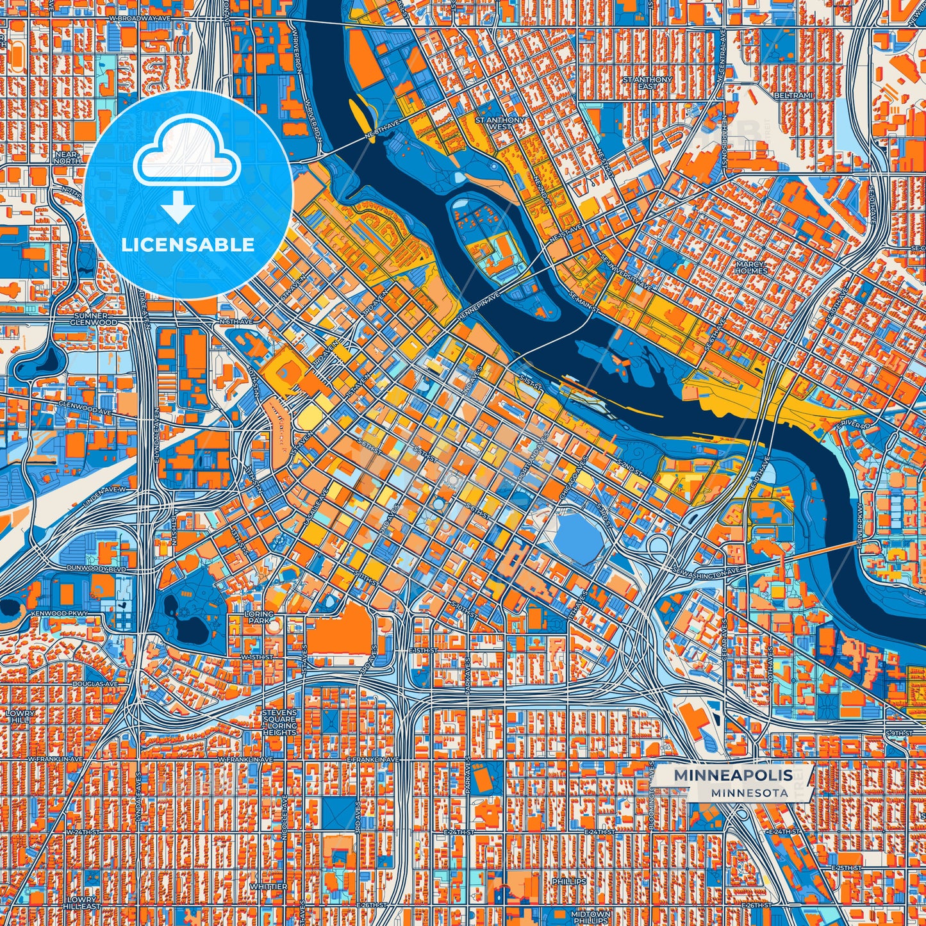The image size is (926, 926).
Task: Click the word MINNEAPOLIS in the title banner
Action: [732, 775]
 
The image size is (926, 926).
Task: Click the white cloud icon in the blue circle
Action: [186, 154]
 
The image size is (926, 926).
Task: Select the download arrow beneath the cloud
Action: [178, 206]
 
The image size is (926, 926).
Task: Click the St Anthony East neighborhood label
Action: [647, 83]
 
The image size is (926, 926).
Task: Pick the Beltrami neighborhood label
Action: [793, 95]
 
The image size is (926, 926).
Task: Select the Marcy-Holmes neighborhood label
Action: [751, 267]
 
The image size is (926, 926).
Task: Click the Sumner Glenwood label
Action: [95, 319]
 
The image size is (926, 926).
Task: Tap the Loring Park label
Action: [259, 618]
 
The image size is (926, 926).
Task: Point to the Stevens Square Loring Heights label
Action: [279, 722]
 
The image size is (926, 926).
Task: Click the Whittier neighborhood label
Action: [269, 887]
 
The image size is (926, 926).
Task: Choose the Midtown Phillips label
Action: [590, 918]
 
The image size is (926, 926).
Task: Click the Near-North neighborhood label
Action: [67, 158]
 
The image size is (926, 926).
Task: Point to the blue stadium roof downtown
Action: [579, 537]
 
